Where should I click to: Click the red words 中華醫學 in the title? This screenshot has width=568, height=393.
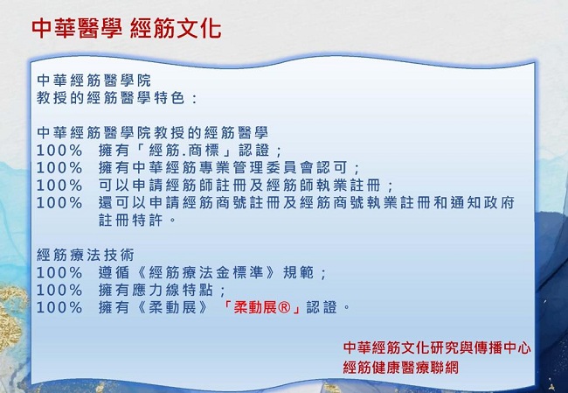(77, 29)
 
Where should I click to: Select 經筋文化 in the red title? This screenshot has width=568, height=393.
(176, 29)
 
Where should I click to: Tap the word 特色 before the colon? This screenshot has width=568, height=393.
(170, 98)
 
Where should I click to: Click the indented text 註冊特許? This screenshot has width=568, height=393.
(131, 221)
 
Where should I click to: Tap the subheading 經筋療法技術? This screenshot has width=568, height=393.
(86, 255)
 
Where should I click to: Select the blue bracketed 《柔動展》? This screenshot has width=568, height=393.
(172, 307)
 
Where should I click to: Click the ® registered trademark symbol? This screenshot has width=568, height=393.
(284, 308)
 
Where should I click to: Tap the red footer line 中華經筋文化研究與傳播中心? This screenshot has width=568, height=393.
(437, 347)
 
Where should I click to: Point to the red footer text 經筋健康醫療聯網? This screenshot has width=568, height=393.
(400, 368)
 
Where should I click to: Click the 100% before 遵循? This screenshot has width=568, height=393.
(59, 273)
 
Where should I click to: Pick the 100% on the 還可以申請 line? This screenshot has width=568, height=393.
(59, 203)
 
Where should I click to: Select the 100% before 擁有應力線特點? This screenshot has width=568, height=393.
(59, 291)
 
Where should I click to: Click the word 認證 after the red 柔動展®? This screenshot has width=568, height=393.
(322, 307)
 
